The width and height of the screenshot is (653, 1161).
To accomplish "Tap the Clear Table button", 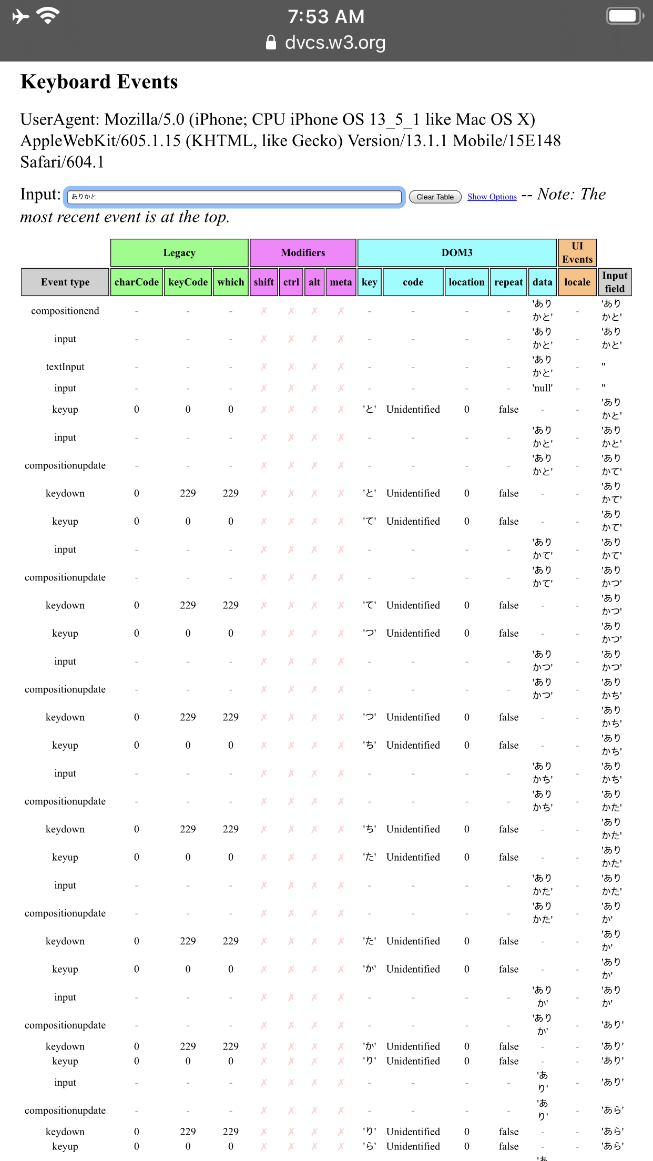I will point(435,197).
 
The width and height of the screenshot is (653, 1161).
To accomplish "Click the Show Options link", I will point(492,197).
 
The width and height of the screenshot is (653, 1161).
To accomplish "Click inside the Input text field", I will point(234,197).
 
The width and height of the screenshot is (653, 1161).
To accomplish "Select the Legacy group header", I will point(179,253).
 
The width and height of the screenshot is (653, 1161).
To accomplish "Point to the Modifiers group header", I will point(303,253).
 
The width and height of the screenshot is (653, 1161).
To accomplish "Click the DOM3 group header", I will point(457,253).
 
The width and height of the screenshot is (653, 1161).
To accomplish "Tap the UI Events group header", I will point(577,253).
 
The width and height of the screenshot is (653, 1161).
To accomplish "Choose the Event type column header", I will point(65,282).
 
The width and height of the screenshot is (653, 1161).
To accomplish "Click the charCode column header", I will point(137,282).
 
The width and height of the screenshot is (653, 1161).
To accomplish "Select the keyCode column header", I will point(188,282).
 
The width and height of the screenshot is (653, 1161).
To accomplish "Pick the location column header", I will point(466,282).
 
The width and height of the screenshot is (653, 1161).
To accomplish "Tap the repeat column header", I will point(508,282).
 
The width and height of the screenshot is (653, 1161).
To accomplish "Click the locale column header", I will point(577,282).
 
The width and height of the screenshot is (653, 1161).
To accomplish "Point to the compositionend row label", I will point(65,311).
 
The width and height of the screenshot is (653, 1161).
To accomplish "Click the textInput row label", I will point(65,366).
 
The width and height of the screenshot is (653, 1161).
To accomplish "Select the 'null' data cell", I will point(543,388).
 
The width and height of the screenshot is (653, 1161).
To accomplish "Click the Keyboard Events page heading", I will point(99,82).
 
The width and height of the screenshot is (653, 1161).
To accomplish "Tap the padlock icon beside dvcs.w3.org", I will point(271,43).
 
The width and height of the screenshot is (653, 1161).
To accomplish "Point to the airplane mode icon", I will point(21,16).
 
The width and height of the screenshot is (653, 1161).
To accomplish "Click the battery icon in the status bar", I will point(625,16).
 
